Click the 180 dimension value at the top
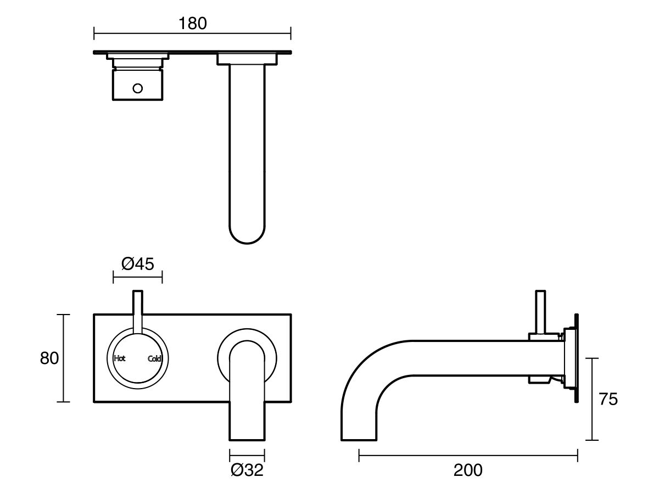tap(192, 24)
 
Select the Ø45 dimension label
tap(137, 265)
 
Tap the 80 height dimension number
tap(49, 358)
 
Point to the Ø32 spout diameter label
tap(247, 470)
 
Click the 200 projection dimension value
tap(468, 470)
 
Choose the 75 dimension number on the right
tap(608, 399)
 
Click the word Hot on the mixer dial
tap(120, 359)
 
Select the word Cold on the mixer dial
tap(154, 359)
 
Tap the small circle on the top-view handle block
tap(137, 88)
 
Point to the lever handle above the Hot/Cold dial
tap(137, 310)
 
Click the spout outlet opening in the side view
tap(359, 439)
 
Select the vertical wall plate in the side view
tap(576, 360)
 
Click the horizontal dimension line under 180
tap(192, 34)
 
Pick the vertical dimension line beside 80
tap(64, 358)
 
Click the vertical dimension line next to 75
tap(591, 399)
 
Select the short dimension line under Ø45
tap(137, 277)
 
